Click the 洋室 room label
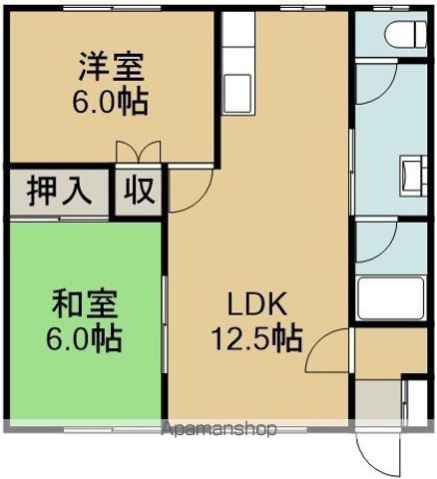[111, 67]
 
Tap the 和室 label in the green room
[85, 304]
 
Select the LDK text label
[256, 304]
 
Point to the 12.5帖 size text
[257, 338]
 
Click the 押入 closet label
[59, 192]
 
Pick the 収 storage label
[139, 191]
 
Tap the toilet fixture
[406, 34]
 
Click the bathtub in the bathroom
[390, 298]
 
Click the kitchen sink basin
[237, 93]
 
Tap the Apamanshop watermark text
[218, 429]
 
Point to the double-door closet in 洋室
[139, 153]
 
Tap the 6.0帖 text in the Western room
[111, 101]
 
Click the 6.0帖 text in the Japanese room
[84, 339]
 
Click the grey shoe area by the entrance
[378, 400]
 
